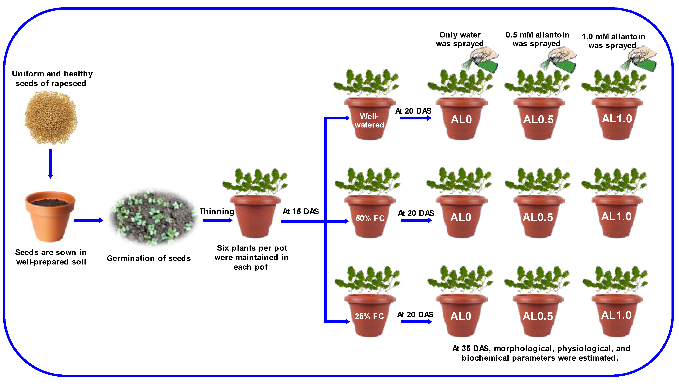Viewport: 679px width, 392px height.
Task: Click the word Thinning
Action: pos(217,211)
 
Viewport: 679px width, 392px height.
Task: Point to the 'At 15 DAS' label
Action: pos(301,211)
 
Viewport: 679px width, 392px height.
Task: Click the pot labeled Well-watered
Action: pos(369,120)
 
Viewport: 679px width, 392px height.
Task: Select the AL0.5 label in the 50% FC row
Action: pos(538,217)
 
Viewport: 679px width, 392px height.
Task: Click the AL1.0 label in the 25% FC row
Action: pos(616,315)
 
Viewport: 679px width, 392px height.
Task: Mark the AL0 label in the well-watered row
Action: pos(461,119)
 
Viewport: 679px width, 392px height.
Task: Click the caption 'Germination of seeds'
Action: pos(149,258)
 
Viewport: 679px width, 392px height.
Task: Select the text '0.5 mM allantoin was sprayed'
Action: pos(537,39)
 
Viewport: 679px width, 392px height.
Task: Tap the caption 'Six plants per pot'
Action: pos(252,248)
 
